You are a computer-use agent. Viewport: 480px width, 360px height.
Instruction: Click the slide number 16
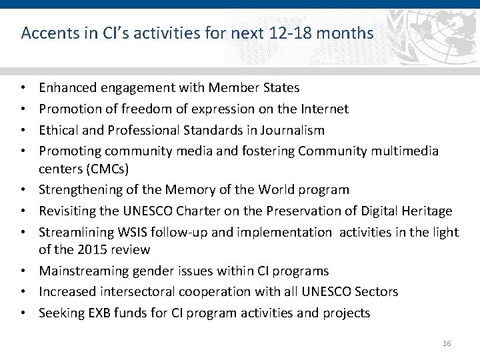tap(447, 343)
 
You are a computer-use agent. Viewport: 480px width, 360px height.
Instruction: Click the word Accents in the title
tap(45, 33)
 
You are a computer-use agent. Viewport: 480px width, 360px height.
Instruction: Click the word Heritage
tap(426, 211)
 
